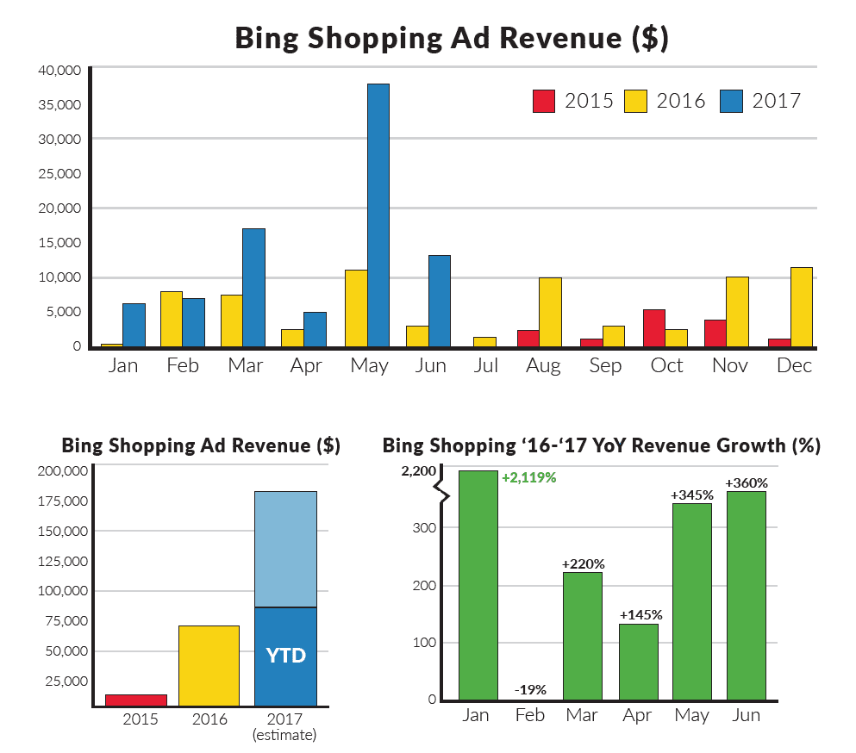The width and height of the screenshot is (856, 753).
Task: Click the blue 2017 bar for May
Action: point(378,215)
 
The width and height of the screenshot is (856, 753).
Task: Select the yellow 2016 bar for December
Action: point(802,308)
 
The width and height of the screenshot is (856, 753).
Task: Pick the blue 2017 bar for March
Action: point(253,288)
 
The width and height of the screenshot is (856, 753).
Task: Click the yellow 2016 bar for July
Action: point(485,342)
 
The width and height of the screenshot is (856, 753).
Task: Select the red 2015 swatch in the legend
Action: point(544,101)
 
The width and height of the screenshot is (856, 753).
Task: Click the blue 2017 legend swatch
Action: point(733,101)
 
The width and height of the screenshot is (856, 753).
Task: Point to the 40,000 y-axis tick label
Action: point(59,70)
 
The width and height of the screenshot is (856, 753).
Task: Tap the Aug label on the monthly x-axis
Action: point(544,365)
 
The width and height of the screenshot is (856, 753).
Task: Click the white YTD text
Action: point(285,656)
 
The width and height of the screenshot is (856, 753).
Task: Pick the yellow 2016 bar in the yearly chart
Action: point(208,666)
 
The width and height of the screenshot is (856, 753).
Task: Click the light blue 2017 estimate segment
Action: point(285,550)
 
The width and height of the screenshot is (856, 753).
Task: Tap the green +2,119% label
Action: point(528,477)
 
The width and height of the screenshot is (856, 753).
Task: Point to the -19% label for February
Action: point(529,690)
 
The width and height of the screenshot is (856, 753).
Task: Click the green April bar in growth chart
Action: point(638,662)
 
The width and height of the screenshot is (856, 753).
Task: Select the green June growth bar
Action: point(746,595)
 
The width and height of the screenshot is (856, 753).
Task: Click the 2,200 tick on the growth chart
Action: point(419,470)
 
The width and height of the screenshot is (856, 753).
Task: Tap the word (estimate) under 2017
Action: point(284,735)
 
